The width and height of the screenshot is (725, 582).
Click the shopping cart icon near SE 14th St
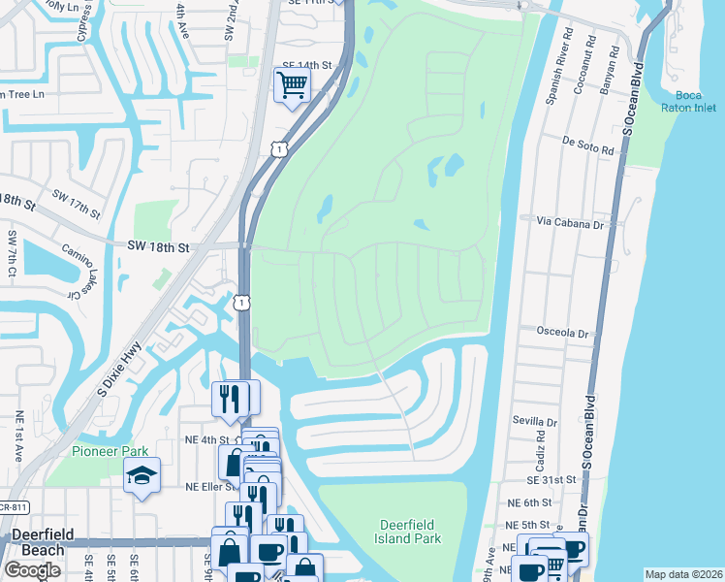tap(291, 84)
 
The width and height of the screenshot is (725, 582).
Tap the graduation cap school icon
tap(142, 475)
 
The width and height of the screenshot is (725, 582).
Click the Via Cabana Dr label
tap(570, 222)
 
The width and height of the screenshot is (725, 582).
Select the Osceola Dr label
tap(562, 333)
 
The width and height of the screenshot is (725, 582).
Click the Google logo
tap(33, 570)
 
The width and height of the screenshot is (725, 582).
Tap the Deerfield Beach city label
tap(38, 543)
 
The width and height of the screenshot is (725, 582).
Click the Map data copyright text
tap(684, 574)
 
